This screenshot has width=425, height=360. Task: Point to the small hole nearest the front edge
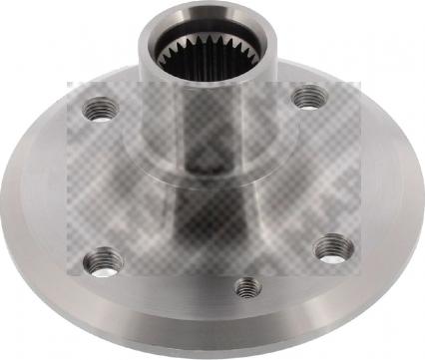coord(248,288)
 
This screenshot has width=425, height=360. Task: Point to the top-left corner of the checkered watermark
coord(68,83)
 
